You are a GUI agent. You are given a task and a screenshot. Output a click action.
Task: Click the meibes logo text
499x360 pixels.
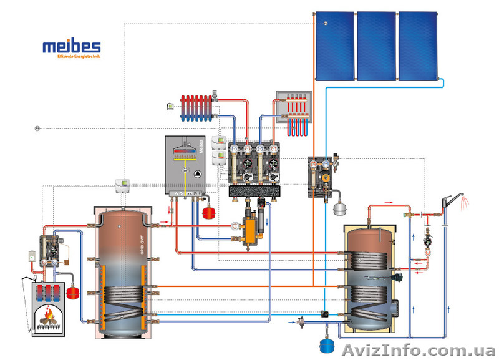(70, 47)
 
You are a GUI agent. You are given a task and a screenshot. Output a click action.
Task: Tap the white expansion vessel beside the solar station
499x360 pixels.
(339, 208)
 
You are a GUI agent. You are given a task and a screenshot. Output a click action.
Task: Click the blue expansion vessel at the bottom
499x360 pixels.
(322, 344)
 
